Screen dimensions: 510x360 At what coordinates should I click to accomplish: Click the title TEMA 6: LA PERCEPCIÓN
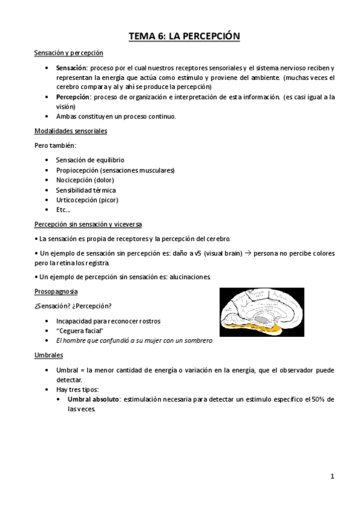(185, 37)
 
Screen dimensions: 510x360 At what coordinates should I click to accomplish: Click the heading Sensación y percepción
(69, 54)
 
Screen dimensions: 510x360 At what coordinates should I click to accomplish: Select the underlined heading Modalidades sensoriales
(71, 131)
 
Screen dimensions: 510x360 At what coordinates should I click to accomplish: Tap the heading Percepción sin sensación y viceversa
(88, 224)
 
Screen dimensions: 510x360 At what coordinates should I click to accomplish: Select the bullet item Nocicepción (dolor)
(85, 180)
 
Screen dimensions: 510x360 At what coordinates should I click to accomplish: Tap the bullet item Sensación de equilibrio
(90, 160)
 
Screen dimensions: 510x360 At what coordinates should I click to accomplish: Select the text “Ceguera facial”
(79, 331)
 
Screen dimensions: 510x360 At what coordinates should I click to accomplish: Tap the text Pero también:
(55, 145)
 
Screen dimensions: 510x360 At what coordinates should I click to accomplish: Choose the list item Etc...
(63, 210)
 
